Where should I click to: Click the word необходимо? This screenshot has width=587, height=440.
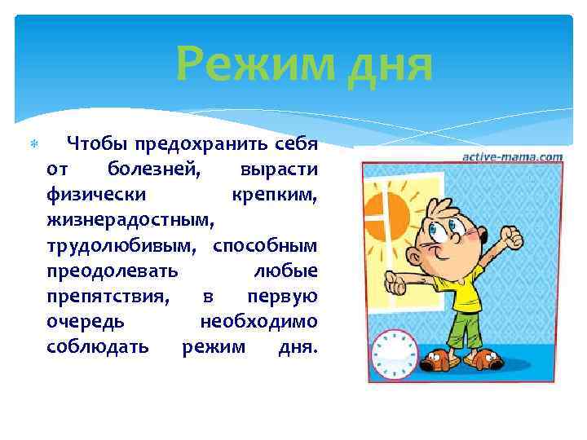pos(258,322)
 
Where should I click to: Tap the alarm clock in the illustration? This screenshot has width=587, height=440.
pos(394,354)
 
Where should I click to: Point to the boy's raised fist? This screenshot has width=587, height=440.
pos(513,237)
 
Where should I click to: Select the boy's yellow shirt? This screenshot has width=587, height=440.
pos(465,293)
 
